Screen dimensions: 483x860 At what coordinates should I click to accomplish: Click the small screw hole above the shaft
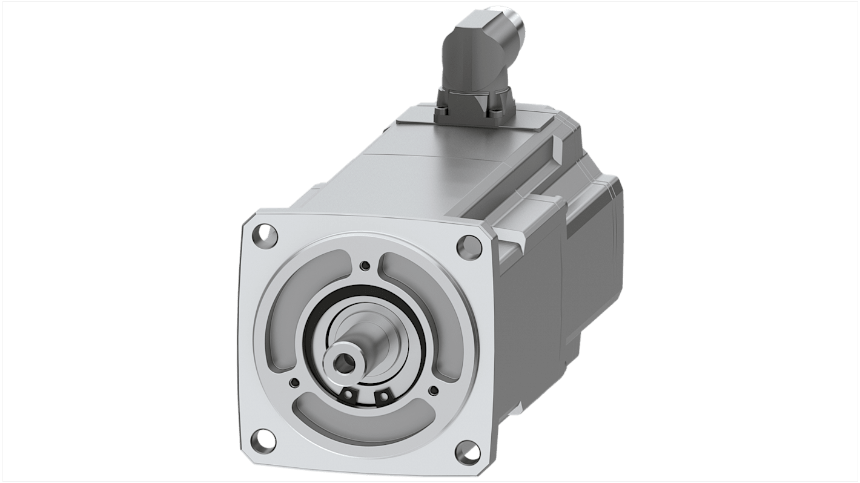point(364,265)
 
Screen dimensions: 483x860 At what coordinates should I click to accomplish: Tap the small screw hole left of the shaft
point(295,382)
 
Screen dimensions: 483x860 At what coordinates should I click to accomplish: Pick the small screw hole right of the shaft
point(434,390)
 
